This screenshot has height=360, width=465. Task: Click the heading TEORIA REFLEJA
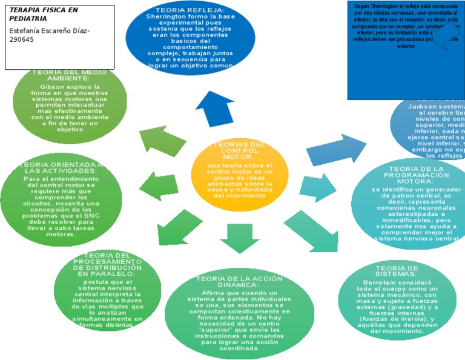pyautogui.click(x=190, y=11)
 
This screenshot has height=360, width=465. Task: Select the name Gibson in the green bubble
pyautogui.click(x=51, y=87)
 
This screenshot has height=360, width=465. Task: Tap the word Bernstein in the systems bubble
pyautogui.click(x=380, y=282)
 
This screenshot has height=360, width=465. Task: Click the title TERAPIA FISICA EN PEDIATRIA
pyautogui.click(x=44, y=15)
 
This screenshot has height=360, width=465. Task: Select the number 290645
pyautogui.click(x=22, y=39)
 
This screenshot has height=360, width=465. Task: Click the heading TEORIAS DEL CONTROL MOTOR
pyautogui.click(x=240, y=150)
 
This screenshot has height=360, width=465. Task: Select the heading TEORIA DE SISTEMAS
pyautogui.click(x=397, y=271)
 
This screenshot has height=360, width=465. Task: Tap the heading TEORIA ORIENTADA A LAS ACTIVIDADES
pyautogui.click(x=61, y=167)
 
